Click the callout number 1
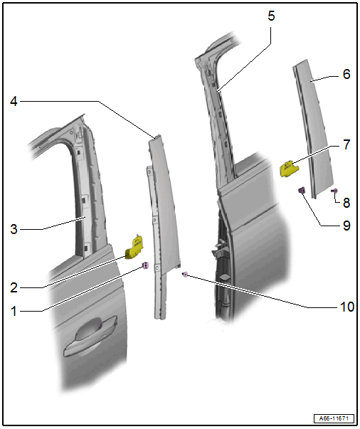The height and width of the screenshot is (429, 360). click(14, 311)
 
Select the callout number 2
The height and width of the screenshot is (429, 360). click(14, 287)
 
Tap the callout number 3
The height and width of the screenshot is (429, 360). click(14, 229)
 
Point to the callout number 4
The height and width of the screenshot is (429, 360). click(14, 101)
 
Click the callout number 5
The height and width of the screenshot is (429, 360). click(271, 16)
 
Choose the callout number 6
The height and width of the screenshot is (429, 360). click(346, 74)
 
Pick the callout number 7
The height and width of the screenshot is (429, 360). click(346, 144)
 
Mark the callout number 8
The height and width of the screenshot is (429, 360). click(346, 203)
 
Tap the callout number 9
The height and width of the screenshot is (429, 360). click(346, 226)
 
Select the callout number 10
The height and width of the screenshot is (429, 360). click(347, 307)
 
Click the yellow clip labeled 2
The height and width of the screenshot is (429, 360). click(134, 247)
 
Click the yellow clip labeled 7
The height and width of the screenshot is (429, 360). click(288, 169)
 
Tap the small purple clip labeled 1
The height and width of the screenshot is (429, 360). click(146, 265)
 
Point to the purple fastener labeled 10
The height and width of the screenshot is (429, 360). click(185, 275)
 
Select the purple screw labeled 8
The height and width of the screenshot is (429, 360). click(335, 191)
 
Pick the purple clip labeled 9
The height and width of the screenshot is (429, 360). click(302, 190)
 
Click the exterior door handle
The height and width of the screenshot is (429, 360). click(90, 337)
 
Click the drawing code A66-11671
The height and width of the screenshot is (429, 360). click(334, 418)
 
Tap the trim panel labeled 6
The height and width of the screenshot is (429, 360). click(314, 129)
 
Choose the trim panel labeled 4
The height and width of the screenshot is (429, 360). click(164, 205)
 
